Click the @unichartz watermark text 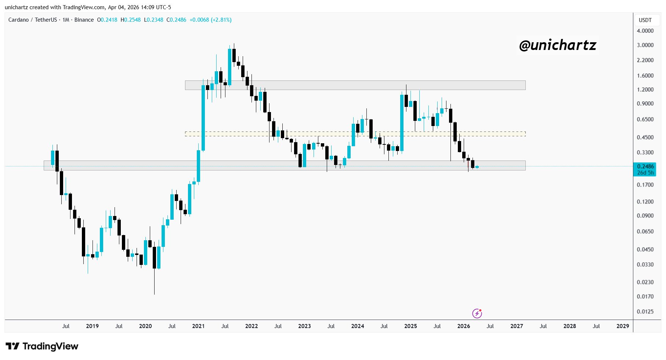click(558, 45)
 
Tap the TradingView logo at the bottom click(42, 346)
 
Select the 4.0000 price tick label click(645, 31)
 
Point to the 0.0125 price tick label click(645, 312)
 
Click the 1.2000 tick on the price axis click(645, 90)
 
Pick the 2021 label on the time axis click(198, 326)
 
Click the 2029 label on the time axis click(622, 326)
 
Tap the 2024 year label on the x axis click(357, 326)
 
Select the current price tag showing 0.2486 click(645, 166)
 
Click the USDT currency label click(645, 20)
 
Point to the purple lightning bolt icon click(477, 313)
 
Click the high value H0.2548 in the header click(131, 20)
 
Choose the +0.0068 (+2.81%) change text click(210, 20)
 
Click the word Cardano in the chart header click(18, 20)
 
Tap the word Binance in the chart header click(84, 20)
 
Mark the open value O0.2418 click(107, 20)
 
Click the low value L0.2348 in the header click(153, 20)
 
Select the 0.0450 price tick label click(645, 249)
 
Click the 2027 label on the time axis click(517, 326)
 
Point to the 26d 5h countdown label click(645, 173)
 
